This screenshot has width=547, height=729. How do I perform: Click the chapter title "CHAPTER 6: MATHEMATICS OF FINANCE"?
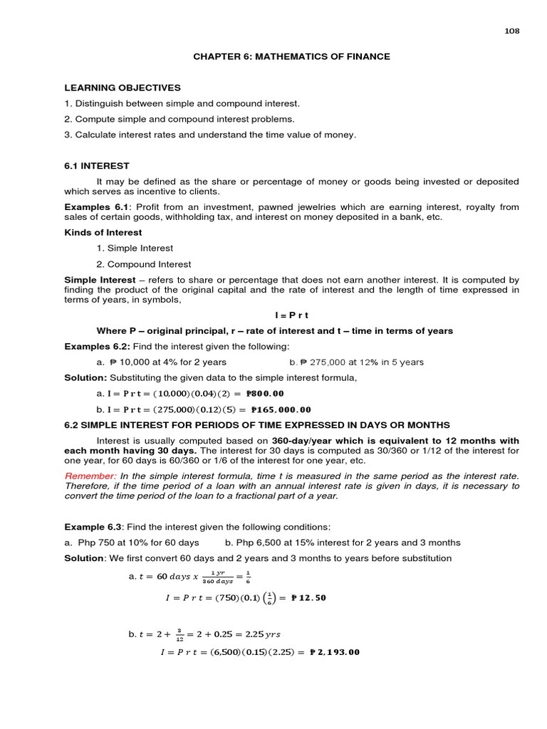tap(292, 57)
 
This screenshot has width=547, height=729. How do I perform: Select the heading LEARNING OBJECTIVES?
tap(123, 88)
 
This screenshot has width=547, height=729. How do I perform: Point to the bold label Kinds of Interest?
tap(103, 233)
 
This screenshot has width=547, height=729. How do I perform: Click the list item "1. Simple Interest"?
tap(135, 248)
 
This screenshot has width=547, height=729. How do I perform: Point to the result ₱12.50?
tap(308, 598)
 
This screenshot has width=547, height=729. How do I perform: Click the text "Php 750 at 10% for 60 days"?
tap(138, 542)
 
